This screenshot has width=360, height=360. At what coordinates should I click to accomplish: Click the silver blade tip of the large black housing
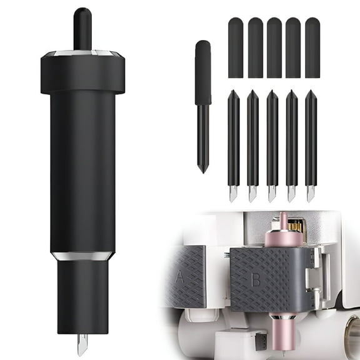[82, 344]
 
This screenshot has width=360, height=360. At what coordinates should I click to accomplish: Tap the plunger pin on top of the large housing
[82, 29]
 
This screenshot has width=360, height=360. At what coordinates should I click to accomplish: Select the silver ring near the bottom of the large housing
[82, 256]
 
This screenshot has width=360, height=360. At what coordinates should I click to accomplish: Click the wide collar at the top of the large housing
[82, 72]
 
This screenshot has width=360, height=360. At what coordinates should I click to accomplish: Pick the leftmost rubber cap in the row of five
[236, 47]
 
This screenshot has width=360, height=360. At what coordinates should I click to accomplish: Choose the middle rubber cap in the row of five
[274, 47]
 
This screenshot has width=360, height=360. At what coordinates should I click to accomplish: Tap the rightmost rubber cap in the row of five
[312, 47]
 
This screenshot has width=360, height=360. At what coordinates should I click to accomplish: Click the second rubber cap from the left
[255, 47]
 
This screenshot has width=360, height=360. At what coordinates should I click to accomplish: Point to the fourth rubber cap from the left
[293, 47]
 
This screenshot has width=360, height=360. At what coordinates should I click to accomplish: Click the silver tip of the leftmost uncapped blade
[232, 194]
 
